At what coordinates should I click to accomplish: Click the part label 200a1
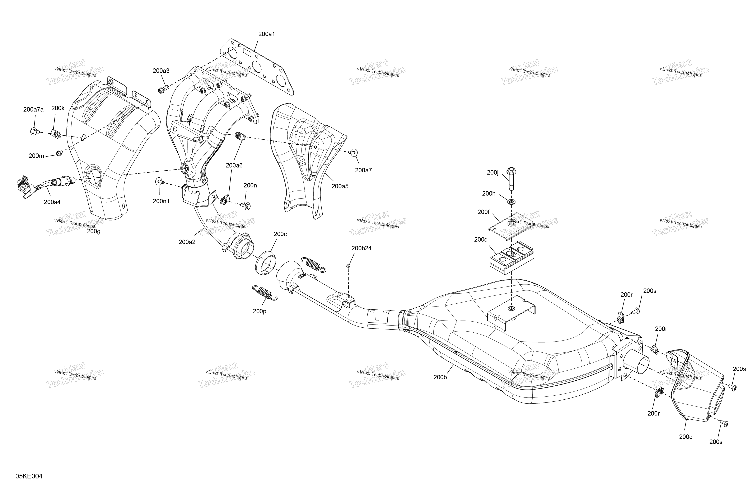tap(266, 34)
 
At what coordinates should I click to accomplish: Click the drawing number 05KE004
tap(29, 476)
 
